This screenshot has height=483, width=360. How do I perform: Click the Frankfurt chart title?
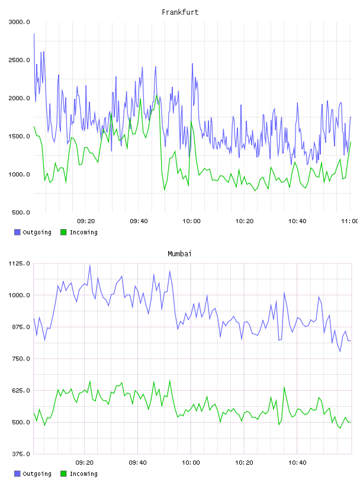point(180,12)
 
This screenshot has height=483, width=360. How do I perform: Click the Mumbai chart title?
point(179,253)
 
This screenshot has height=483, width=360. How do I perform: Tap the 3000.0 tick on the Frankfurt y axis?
point(19,22)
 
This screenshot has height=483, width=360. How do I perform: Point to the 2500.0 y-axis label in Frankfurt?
point(19,60)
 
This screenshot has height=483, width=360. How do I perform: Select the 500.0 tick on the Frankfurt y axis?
point(21,212)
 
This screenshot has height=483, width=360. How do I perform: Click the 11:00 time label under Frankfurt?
point(349,221)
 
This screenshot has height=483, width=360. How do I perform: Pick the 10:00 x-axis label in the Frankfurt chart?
point(191,221)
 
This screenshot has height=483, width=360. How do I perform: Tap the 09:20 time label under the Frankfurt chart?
point(86,221)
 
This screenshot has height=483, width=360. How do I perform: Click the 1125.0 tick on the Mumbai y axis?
point(19,263)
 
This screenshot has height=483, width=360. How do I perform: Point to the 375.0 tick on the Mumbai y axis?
point(21,454)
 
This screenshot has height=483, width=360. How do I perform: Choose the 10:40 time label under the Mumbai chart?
point(297,463)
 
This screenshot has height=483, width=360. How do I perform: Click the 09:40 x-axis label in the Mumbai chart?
point(138,463)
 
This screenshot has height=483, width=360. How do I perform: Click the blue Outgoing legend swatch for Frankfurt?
point(17,232)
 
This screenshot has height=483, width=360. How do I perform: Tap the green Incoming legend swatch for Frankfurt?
point(63,232)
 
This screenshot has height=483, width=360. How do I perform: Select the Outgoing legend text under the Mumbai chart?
point(37,474)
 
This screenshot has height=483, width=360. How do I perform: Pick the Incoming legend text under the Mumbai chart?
point(83,474)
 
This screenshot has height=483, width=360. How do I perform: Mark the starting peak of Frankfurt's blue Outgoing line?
point(34,34)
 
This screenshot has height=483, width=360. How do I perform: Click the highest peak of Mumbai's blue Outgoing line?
point(89,266)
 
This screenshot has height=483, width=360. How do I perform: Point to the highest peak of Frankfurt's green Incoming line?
point(156,95)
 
